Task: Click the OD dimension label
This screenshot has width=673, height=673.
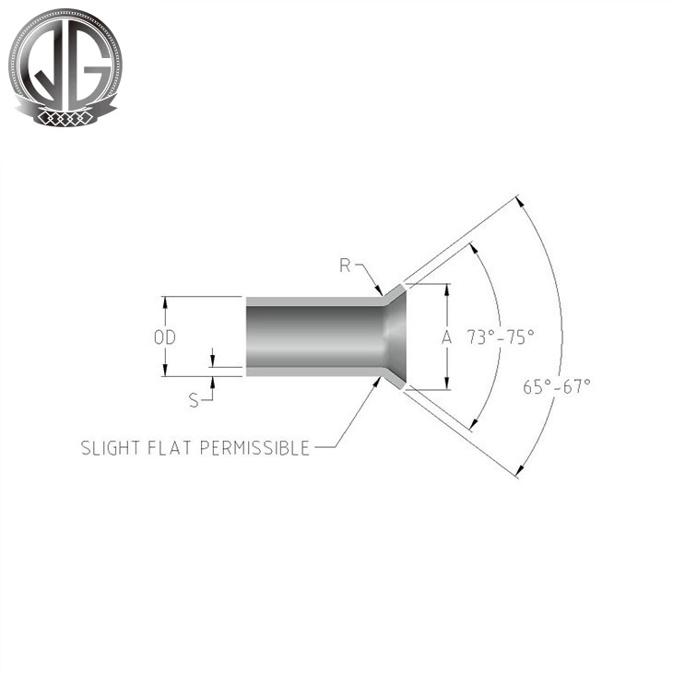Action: (x=164, y=338)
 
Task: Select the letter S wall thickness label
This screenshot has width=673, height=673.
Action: (x=194, y=400)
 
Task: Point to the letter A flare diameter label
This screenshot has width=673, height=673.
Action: (x=447, y=337)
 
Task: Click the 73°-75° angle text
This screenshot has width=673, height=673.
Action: (x=500, y=336)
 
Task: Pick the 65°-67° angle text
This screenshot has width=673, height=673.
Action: (x=557, y=387)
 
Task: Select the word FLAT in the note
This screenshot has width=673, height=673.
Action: (x=168, y=448)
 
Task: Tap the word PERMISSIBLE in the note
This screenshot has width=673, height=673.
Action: (x=255, y=448)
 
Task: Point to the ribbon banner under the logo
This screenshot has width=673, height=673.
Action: (x=64, y=116)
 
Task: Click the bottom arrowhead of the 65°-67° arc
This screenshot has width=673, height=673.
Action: (x=520, y=472)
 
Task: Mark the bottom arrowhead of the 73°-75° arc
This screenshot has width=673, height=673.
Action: (x=475, y=425)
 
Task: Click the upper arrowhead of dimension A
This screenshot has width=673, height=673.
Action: (x=447, y=289)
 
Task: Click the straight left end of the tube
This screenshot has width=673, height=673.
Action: (x=247, y=336)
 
